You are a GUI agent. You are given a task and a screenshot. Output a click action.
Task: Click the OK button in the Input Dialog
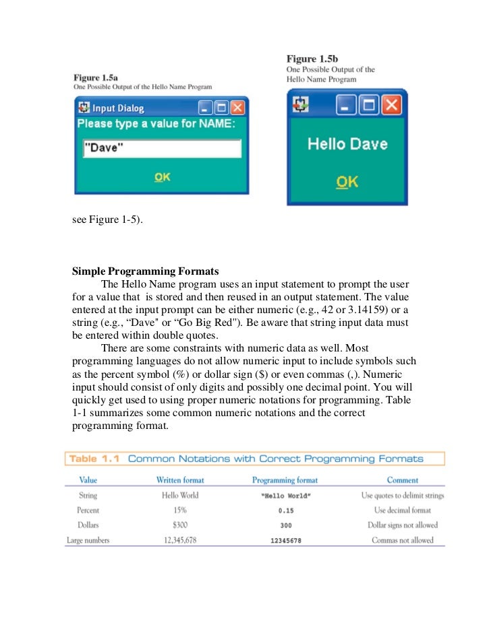[162, 177]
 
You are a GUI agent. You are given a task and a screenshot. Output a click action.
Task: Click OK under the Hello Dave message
[347, 182]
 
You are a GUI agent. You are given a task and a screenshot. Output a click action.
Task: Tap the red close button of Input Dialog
[238, 108]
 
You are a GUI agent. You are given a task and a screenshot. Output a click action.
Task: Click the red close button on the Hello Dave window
[391, 104]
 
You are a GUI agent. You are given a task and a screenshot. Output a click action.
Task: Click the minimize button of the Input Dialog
[205, 108]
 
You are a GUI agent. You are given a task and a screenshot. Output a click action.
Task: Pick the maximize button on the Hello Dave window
[368, 104]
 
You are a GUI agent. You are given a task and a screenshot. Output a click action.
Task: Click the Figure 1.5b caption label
[312, 59]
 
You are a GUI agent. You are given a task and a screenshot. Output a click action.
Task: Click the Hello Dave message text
[347, 143]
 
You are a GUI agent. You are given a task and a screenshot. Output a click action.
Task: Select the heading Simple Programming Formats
[145, 272]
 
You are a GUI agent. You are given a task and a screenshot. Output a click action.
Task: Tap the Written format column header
[180, 480]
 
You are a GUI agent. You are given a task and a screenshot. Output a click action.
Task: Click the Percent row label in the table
[88, 510]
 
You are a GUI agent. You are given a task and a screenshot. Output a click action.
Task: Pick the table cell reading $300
[179, 525]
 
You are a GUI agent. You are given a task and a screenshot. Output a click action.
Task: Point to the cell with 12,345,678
[179, 540]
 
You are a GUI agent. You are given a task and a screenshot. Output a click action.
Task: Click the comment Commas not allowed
[403, 540]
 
